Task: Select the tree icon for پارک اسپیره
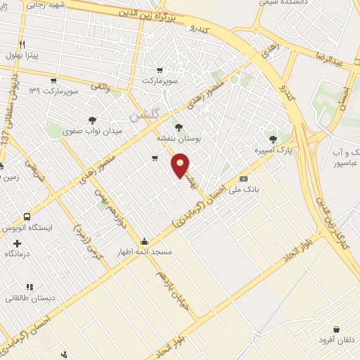(274, 138)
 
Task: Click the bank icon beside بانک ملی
(244, 179)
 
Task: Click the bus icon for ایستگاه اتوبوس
(27, 217)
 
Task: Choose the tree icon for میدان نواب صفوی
(93, 120)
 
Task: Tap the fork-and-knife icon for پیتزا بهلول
(23, 44)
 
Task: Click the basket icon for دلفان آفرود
(337, 329)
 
